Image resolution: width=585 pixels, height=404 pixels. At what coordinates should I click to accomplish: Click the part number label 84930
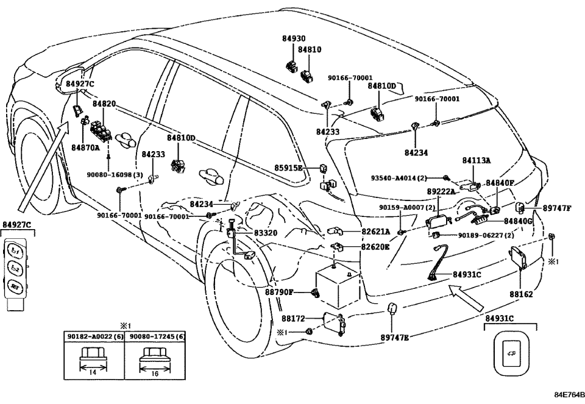coord(293,38)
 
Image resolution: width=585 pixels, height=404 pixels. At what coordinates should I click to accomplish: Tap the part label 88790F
coord(279,292)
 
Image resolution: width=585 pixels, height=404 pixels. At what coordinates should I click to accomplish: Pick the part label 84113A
coord(476,161)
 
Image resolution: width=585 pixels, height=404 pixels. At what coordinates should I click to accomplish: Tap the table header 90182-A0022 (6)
coord(93,336)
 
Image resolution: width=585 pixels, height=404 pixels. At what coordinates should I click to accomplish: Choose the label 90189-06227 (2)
coord(486,235)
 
